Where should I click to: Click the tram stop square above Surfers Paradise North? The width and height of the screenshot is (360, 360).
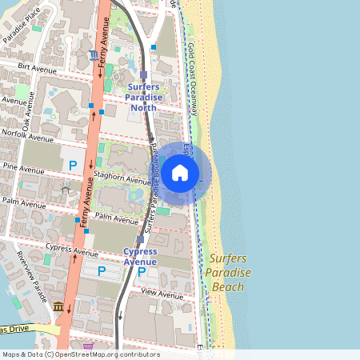click(x=143, y=75)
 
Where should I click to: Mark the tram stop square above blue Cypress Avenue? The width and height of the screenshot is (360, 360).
click(x=141, y=239)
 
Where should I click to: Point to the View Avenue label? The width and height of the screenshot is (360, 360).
click(x=162, y=294)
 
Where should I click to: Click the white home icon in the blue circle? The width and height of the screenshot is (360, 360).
click(x=180, y=172)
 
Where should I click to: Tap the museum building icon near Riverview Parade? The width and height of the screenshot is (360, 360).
click(x=58, y=307)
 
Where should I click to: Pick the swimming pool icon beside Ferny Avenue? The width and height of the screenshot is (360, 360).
click(x=94, y=54)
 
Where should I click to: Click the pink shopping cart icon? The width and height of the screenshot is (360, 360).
click(x=88, y=346)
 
